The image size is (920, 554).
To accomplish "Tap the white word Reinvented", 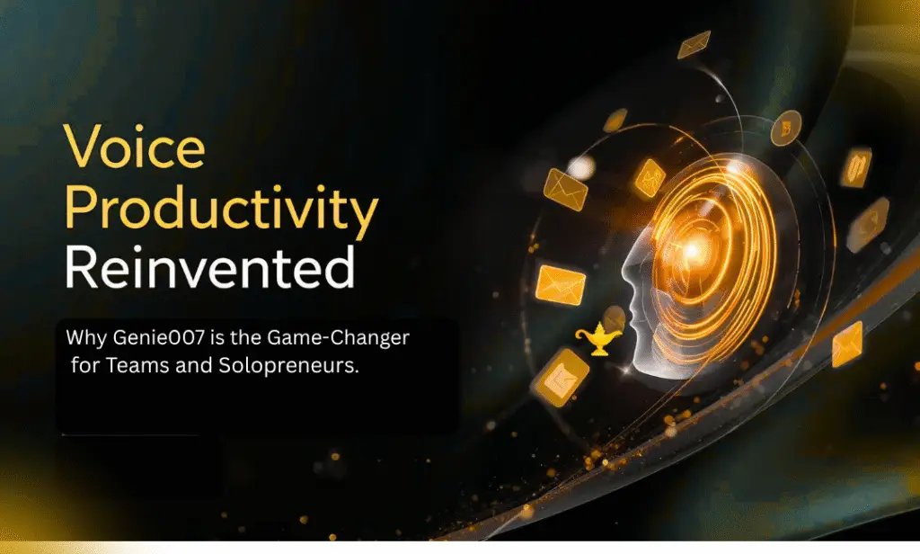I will tap(208, 267).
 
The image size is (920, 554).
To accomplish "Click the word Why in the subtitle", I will tap(84, 340).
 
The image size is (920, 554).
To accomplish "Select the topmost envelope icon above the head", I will tap(694, 44).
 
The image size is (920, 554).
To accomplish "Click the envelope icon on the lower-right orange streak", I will tap(846, 344).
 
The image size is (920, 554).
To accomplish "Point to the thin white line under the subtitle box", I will tap(129, 435).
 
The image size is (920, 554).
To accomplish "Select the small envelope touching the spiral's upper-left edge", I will tap(649, 177).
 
